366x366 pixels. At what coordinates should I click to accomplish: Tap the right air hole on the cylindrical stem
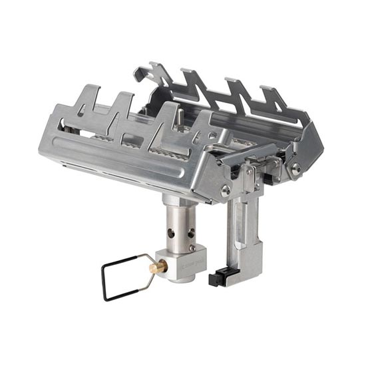192,234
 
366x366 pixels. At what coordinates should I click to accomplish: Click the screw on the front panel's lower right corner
226,191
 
